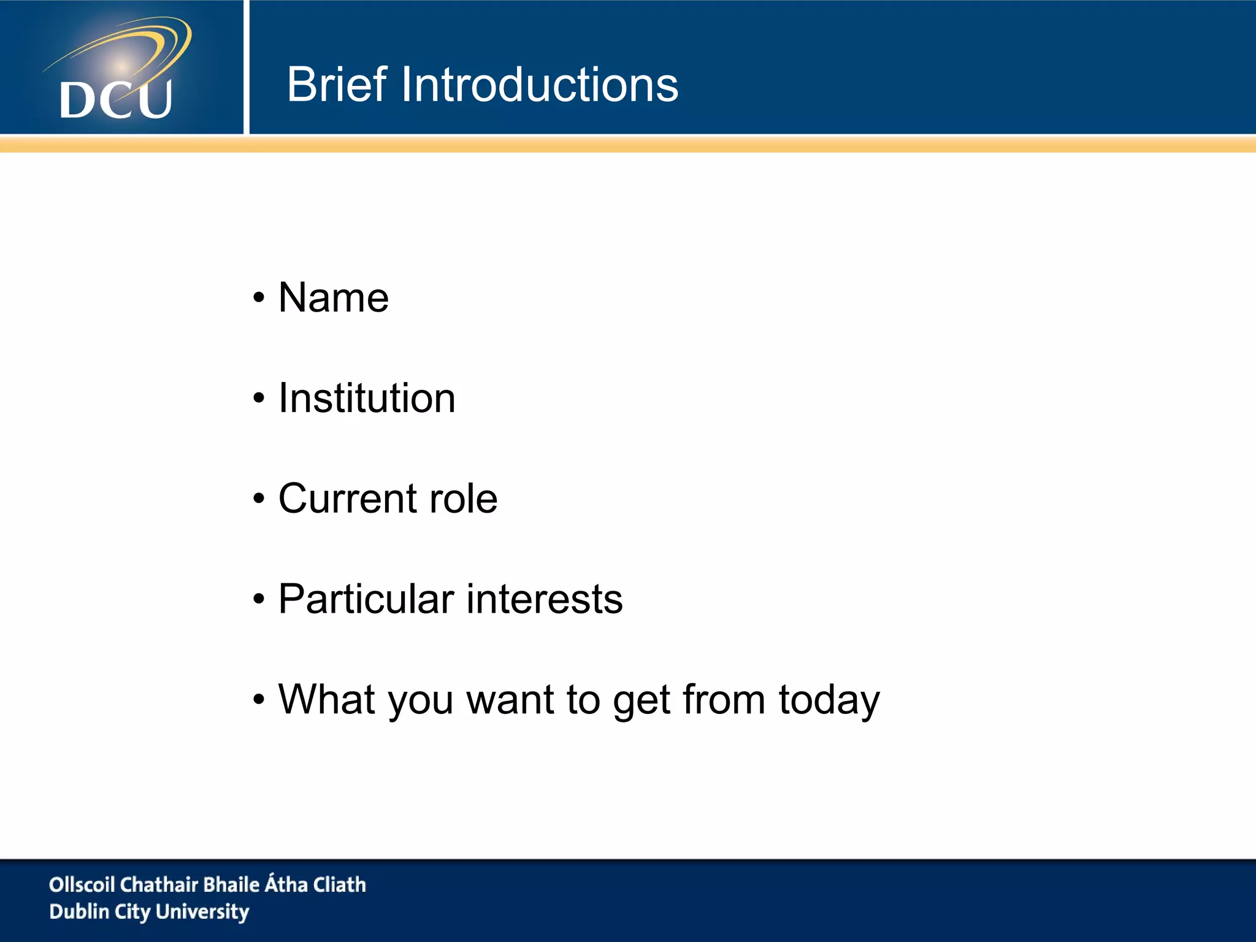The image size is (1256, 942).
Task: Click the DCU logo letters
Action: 116,99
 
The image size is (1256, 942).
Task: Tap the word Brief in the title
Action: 337,85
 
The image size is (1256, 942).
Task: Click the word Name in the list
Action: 334,298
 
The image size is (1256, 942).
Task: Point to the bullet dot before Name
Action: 259,299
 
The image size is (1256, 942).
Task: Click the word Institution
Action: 367,399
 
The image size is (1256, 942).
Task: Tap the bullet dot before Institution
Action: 259,399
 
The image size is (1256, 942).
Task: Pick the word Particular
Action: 366,599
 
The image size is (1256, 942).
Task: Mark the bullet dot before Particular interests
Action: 259,600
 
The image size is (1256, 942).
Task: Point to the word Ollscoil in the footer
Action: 82,884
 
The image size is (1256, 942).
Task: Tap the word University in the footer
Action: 202,912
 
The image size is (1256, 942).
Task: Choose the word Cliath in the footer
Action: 340,884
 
